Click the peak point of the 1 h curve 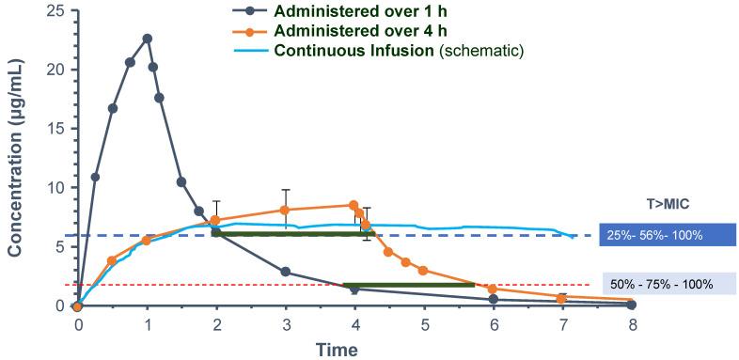[x=147, y=39]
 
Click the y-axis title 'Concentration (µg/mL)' [x=16, y=160]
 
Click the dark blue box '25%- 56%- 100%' [x=666, y=234]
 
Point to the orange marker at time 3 [x=285, y=210]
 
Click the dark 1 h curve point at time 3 [x=285, y=273]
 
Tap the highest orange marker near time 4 [x=354, y=205]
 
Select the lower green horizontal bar [x=409, y=285]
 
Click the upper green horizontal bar [x=293, y=234]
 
